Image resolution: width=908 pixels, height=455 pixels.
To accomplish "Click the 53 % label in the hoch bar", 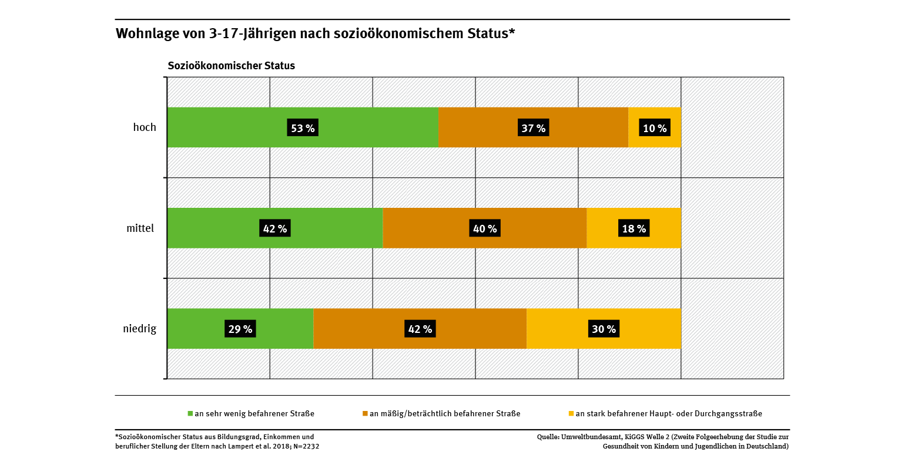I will pyautogui.click(x=303, y=128).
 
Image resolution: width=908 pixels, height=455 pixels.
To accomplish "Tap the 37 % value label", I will pyautogui.click(x=533, y=128).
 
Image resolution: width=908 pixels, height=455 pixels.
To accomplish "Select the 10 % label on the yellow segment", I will pyautogui.click(x=654, y=128).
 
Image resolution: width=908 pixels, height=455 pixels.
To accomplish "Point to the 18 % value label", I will pyautogui.click(x=634, y=228).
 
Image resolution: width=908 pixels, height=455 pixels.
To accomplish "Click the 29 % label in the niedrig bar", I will pyautogui.click(x=240, y=329).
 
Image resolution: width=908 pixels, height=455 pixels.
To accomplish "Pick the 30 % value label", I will pyautogui.click(x=604, y=329).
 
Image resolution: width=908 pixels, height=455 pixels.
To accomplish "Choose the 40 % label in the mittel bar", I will pyautogui.click(x=485, y=228).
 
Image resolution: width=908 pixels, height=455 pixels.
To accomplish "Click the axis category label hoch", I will pyautogui.click(x=145, y=127).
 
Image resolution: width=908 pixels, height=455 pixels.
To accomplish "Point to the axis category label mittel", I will pyautogui.click(x=140, y=228).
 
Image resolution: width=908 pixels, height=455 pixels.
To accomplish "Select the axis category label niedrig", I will pyautogui.click(x=140, y=329).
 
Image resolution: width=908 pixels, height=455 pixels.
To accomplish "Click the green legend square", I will pyautogui.click(x=190, y=413).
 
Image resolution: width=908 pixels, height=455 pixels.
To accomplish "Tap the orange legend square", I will pyautogui.click(x=365, y=413).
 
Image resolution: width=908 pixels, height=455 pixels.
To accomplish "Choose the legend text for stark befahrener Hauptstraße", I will pyautogui.click(x=669, y=413).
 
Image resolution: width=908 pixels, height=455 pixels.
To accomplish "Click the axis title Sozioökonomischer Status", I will pyautogui.click(x=232, y=66).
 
